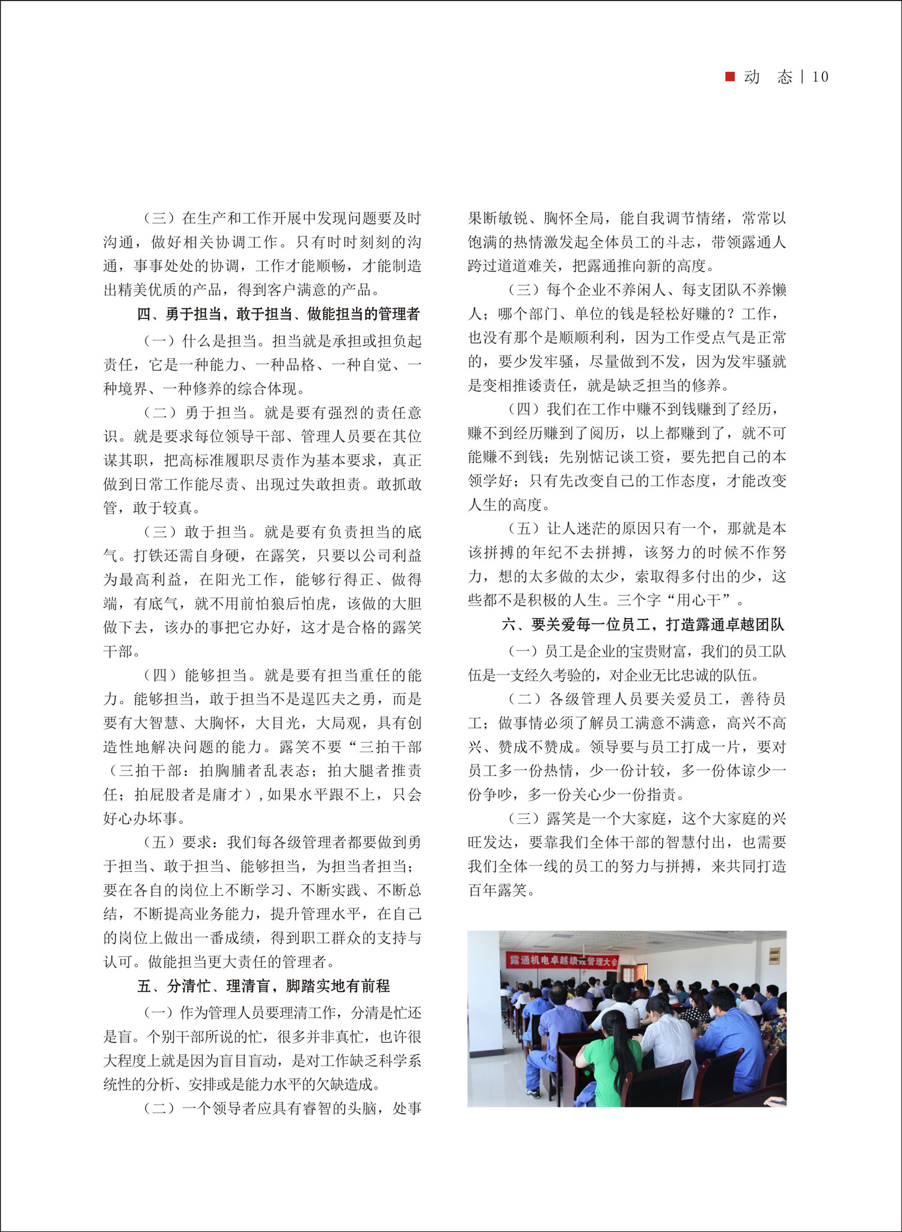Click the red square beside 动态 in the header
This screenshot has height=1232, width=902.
click(730, 76)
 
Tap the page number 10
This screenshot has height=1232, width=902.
click(820, 77)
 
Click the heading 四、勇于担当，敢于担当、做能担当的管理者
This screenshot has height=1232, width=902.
click(278, 314)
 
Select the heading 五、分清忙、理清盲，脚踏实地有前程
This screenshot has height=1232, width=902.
click(263, 985)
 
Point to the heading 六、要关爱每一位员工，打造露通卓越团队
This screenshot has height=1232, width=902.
click(643, 625)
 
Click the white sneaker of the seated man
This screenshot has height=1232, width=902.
click(532, 1092)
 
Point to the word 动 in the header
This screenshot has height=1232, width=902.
click(752, 77)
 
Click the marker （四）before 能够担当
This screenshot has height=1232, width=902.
click(159, 675)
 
